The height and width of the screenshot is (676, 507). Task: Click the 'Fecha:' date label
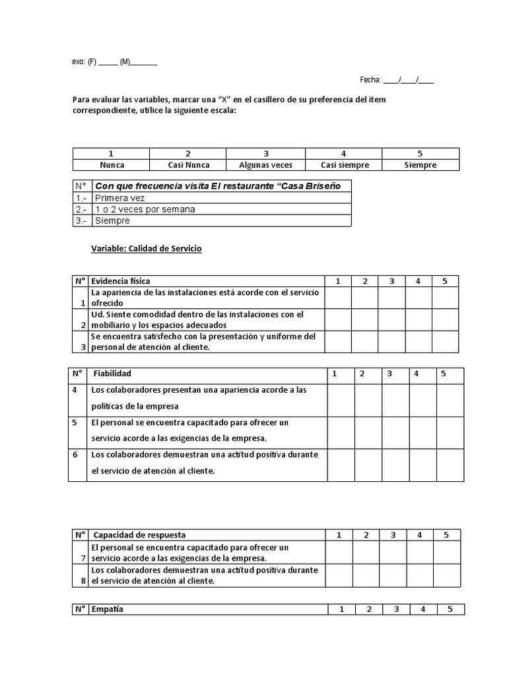click(x=370, y=80)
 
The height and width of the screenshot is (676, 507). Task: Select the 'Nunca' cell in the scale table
click(x=112, y=165)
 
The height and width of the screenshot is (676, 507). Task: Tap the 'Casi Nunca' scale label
click(x=188, y=165)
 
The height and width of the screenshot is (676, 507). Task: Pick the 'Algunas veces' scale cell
click(x=265, y=165)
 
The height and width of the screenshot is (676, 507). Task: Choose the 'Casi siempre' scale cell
click(x=344, y=165)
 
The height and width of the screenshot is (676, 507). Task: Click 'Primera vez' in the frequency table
click(x=119, y=197)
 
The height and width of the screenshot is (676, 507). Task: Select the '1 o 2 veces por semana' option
click(x=145, y=209)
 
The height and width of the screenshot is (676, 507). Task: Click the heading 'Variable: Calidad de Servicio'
click(x=146, y=249)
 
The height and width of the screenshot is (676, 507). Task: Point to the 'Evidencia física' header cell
click(x=120, y=281)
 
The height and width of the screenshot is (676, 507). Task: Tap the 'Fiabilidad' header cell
click(x=112, y=374)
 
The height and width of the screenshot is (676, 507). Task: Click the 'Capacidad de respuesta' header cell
click(x=139, y=535)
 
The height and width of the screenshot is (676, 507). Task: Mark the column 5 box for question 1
click(x=445, y=298)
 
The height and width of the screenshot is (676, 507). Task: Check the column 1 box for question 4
click(x=341, y=400)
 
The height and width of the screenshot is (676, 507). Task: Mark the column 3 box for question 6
click(x=395, y=465)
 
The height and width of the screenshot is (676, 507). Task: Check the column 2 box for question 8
click(x=365, y=576)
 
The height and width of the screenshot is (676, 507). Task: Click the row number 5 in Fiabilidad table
click(x=75, y=422)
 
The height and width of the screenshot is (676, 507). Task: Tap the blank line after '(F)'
click(x=108, y=62)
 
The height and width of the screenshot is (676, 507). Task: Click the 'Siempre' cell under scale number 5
click(x=421, y=165)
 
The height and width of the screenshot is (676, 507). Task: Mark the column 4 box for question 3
click(x=418, y=342)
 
